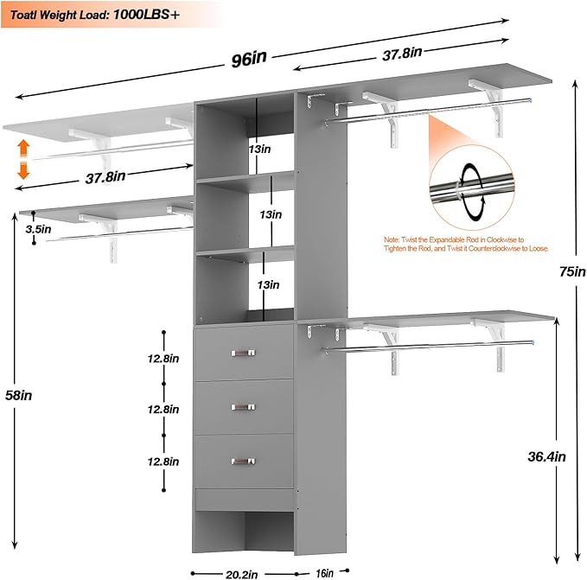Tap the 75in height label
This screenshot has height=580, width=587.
point(570,271)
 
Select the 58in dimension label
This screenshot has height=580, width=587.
point(22,395)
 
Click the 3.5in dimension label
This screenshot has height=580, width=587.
point(37,230)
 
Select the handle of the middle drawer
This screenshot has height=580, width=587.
point(245,406)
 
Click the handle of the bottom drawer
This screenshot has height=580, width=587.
point(245,461)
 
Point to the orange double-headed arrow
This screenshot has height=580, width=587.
point(23,159)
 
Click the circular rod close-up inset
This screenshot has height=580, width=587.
point(472,183)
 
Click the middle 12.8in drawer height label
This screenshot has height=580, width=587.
point(163,409)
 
